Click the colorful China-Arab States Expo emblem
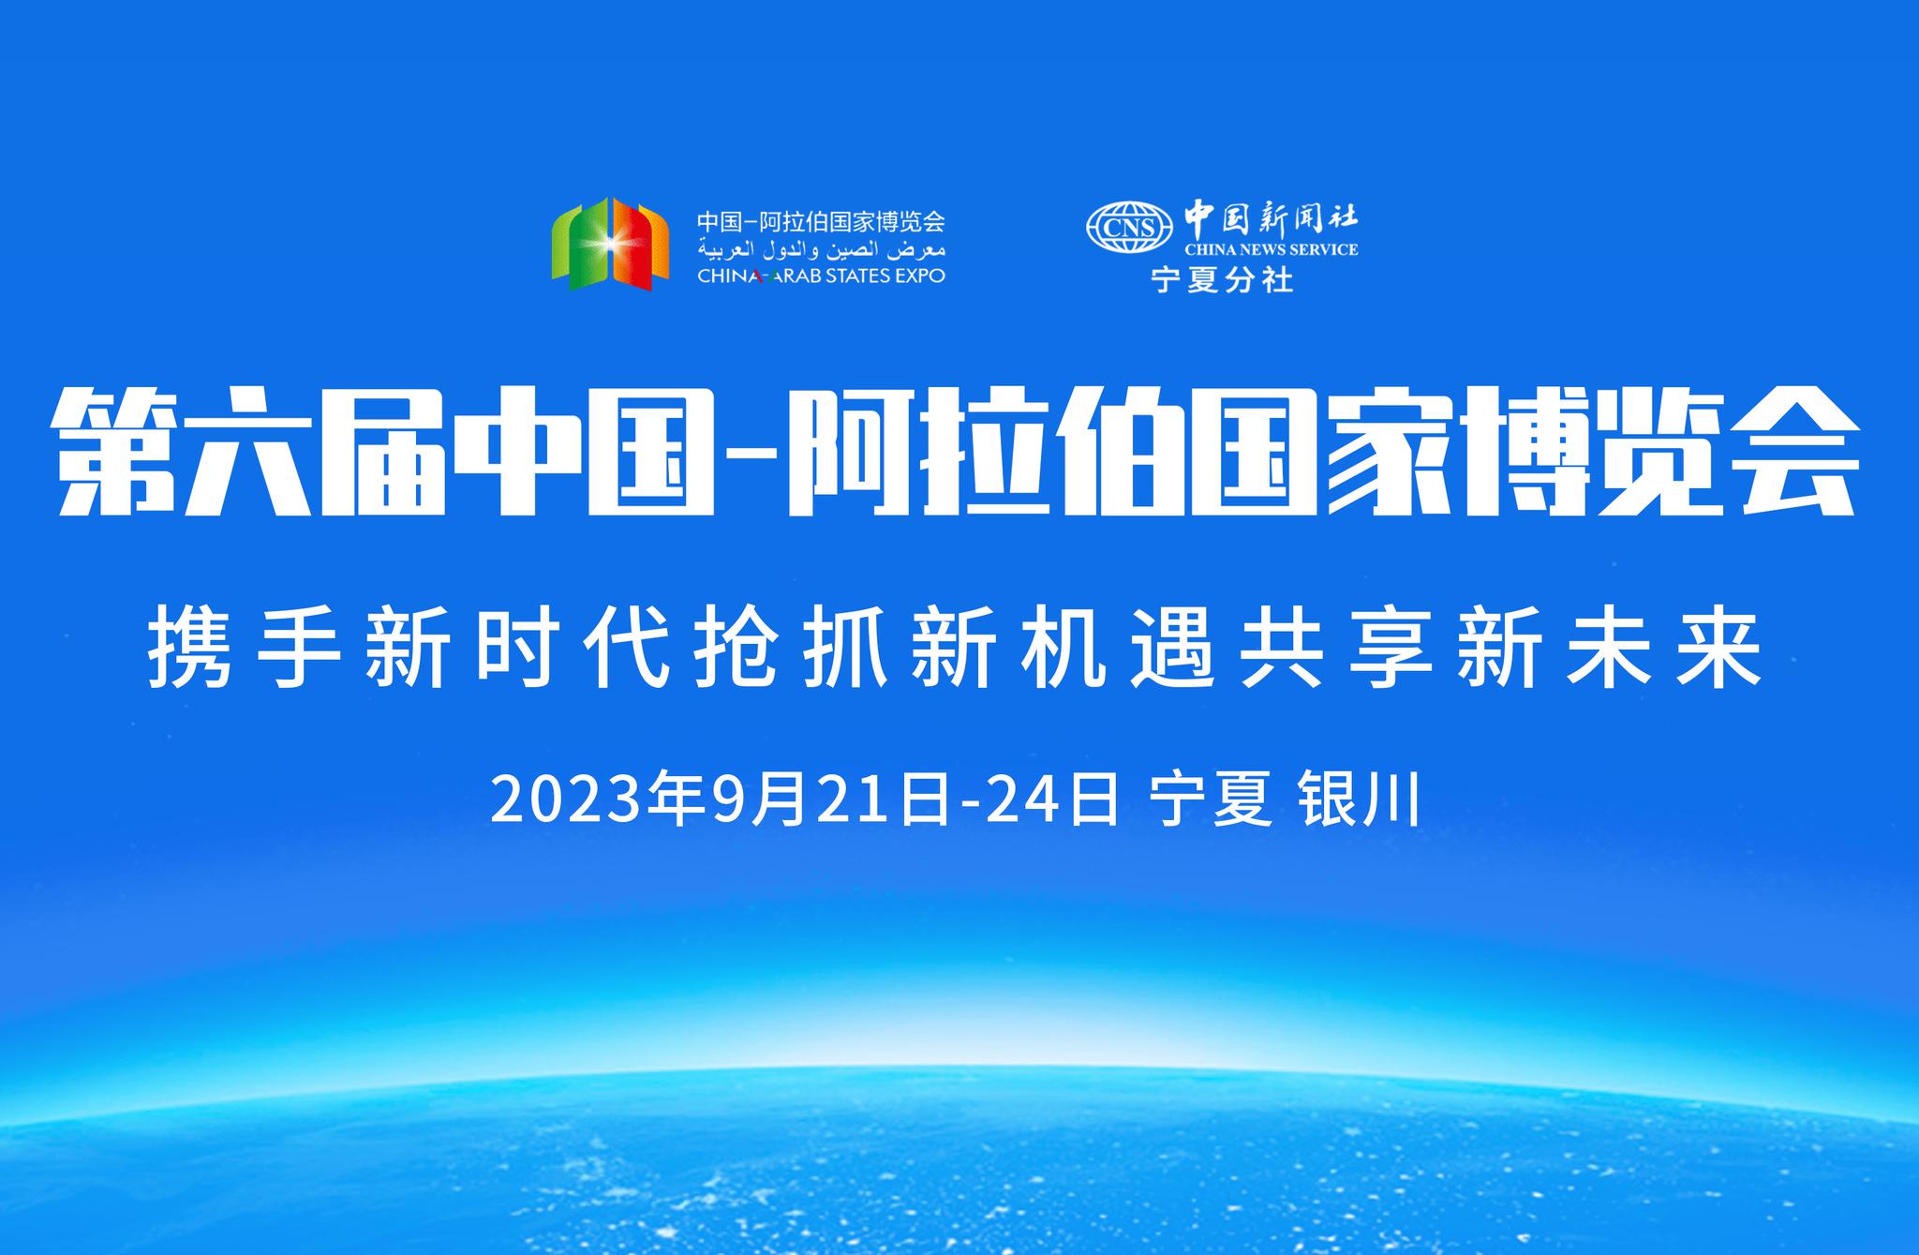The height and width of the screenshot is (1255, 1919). pyautogui.click(x=610, y=244)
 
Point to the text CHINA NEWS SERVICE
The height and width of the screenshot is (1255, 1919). pyautogui.click(x=1271, y=249)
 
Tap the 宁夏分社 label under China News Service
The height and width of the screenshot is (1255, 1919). pyautogui.click(x=1222, y=279)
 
